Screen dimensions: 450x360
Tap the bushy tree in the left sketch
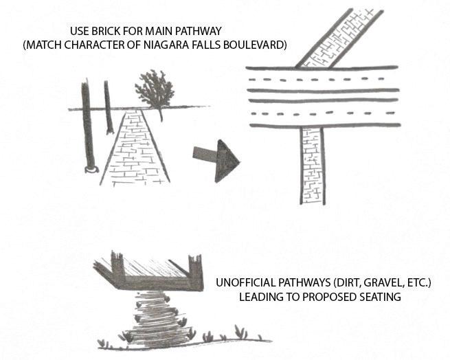pyautogui.click(x=155, y=89)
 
